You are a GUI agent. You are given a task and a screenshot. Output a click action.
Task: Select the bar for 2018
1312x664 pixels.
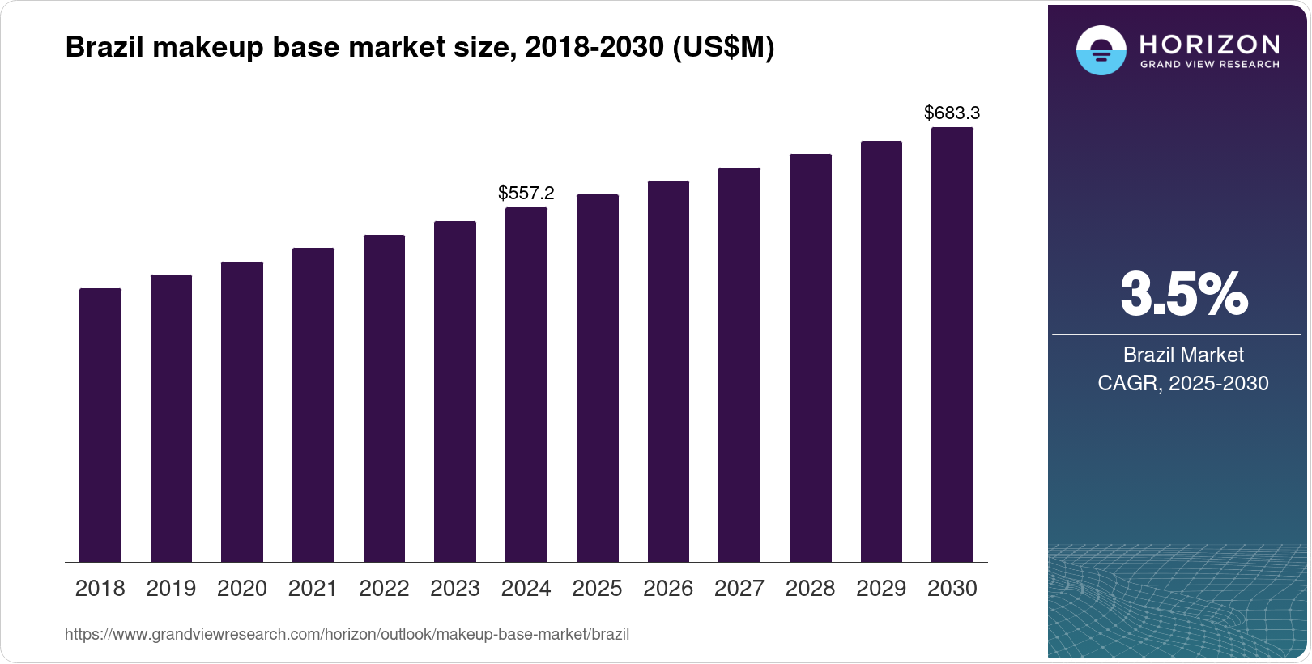(x=100, y=425)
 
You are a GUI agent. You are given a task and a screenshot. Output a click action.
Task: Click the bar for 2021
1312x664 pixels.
(x=313, y=405)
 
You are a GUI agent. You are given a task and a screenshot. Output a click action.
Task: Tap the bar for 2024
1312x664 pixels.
(x=526, y=385)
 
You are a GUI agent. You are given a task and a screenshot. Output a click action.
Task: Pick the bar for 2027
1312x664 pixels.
(x=739, y=364)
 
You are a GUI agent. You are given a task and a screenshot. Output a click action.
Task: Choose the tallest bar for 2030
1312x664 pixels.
(x=952, y=344)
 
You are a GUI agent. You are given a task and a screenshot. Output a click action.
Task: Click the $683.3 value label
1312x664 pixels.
(x=952, y=113)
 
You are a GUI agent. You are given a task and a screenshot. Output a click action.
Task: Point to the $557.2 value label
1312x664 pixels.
(x=526, y=194)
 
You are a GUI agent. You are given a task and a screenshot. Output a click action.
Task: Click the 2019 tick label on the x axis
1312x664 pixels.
(x=171, y=589)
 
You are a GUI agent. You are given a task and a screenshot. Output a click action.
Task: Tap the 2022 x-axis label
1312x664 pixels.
(x=384, y=589)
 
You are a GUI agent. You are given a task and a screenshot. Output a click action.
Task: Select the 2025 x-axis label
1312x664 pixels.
(x=597, y=589)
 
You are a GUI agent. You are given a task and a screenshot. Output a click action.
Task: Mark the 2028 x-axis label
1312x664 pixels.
(x=810, y=589)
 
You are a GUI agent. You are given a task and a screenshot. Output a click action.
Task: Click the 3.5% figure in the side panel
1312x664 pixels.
(x=1183, y=295)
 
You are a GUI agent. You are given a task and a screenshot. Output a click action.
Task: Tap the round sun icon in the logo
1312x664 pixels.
(x=1101, y=50)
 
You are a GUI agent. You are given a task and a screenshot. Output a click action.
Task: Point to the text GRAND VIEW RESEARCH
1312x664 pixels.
(x=1209, y=65)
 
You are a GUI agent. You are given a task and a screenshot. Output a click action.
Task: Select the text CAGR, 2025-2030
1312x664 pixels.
(x=1183, y=383)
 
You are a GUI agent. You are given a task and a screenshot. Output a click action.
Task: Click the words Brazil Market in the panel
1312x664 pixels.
(x=1183, y=355)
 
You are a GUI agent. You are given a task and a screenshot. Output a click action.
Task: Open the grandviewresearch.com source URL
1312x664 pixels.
(x=347, y=635)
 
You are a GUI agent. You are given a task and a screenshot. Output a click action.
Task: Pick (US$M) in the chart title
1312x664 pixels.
(x=723, y=48)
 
